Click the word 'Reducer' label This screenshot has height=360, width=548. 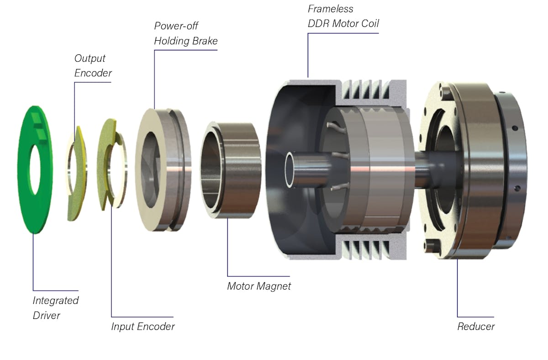point(476,326)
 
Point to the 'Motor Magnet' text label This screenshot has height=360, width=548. point(258,286)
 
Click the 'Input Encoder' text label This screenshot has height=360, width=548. point(142,326)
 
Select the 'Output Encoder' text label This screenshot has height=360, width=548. point(93,66)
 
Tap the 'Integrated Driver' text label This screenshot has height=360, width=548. point(55,307)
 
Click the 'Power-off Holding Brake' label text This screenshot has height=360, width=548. point(185,33)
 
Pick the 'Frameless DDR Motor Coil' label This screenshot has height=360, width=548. point(343,16)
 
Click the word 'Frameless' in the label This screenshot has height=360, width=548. point(331,9)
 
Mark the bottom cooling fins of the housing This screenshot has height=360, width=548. point(365,249)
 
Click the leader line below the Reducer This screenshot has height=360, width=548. point(458,288)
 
